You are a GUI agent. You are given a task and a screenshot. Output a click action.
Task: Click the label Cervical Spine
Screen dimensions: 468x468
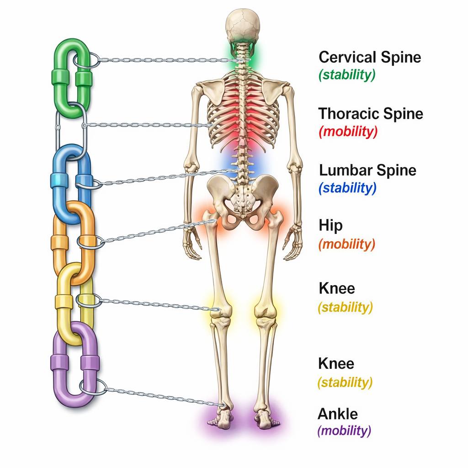click(x=370, y=58)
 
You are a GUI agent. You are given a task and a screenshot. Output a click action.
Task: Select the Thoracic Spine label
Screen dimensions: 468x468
click(x=371, y=113)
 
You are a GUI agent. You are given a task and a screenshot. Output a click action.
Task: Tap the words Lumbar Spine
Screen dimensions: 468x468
click(x=368, y=170)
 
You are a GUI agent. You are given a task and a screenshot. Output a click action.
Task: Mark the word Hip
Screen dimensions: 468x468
click(x=331, y=226)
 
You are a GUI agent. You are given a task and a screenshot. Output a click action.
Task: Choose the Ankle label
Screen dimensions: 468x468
click(x=338, y=414)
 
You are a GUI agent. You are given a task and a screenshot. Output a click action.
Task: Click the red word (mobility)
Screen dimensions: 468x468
click(x=349, y=132)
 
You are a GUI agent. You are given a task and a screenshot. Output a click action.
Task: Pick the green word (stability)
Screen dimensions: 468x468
click(x=347, y=75)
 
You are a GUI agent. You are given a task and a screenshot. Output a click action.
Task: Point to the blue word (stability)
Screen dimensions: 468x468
click(x=348, y=187)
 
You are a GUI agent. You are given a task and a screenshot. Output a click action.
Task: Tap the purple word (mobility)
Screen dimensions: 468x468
click(x=344, y=431)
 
